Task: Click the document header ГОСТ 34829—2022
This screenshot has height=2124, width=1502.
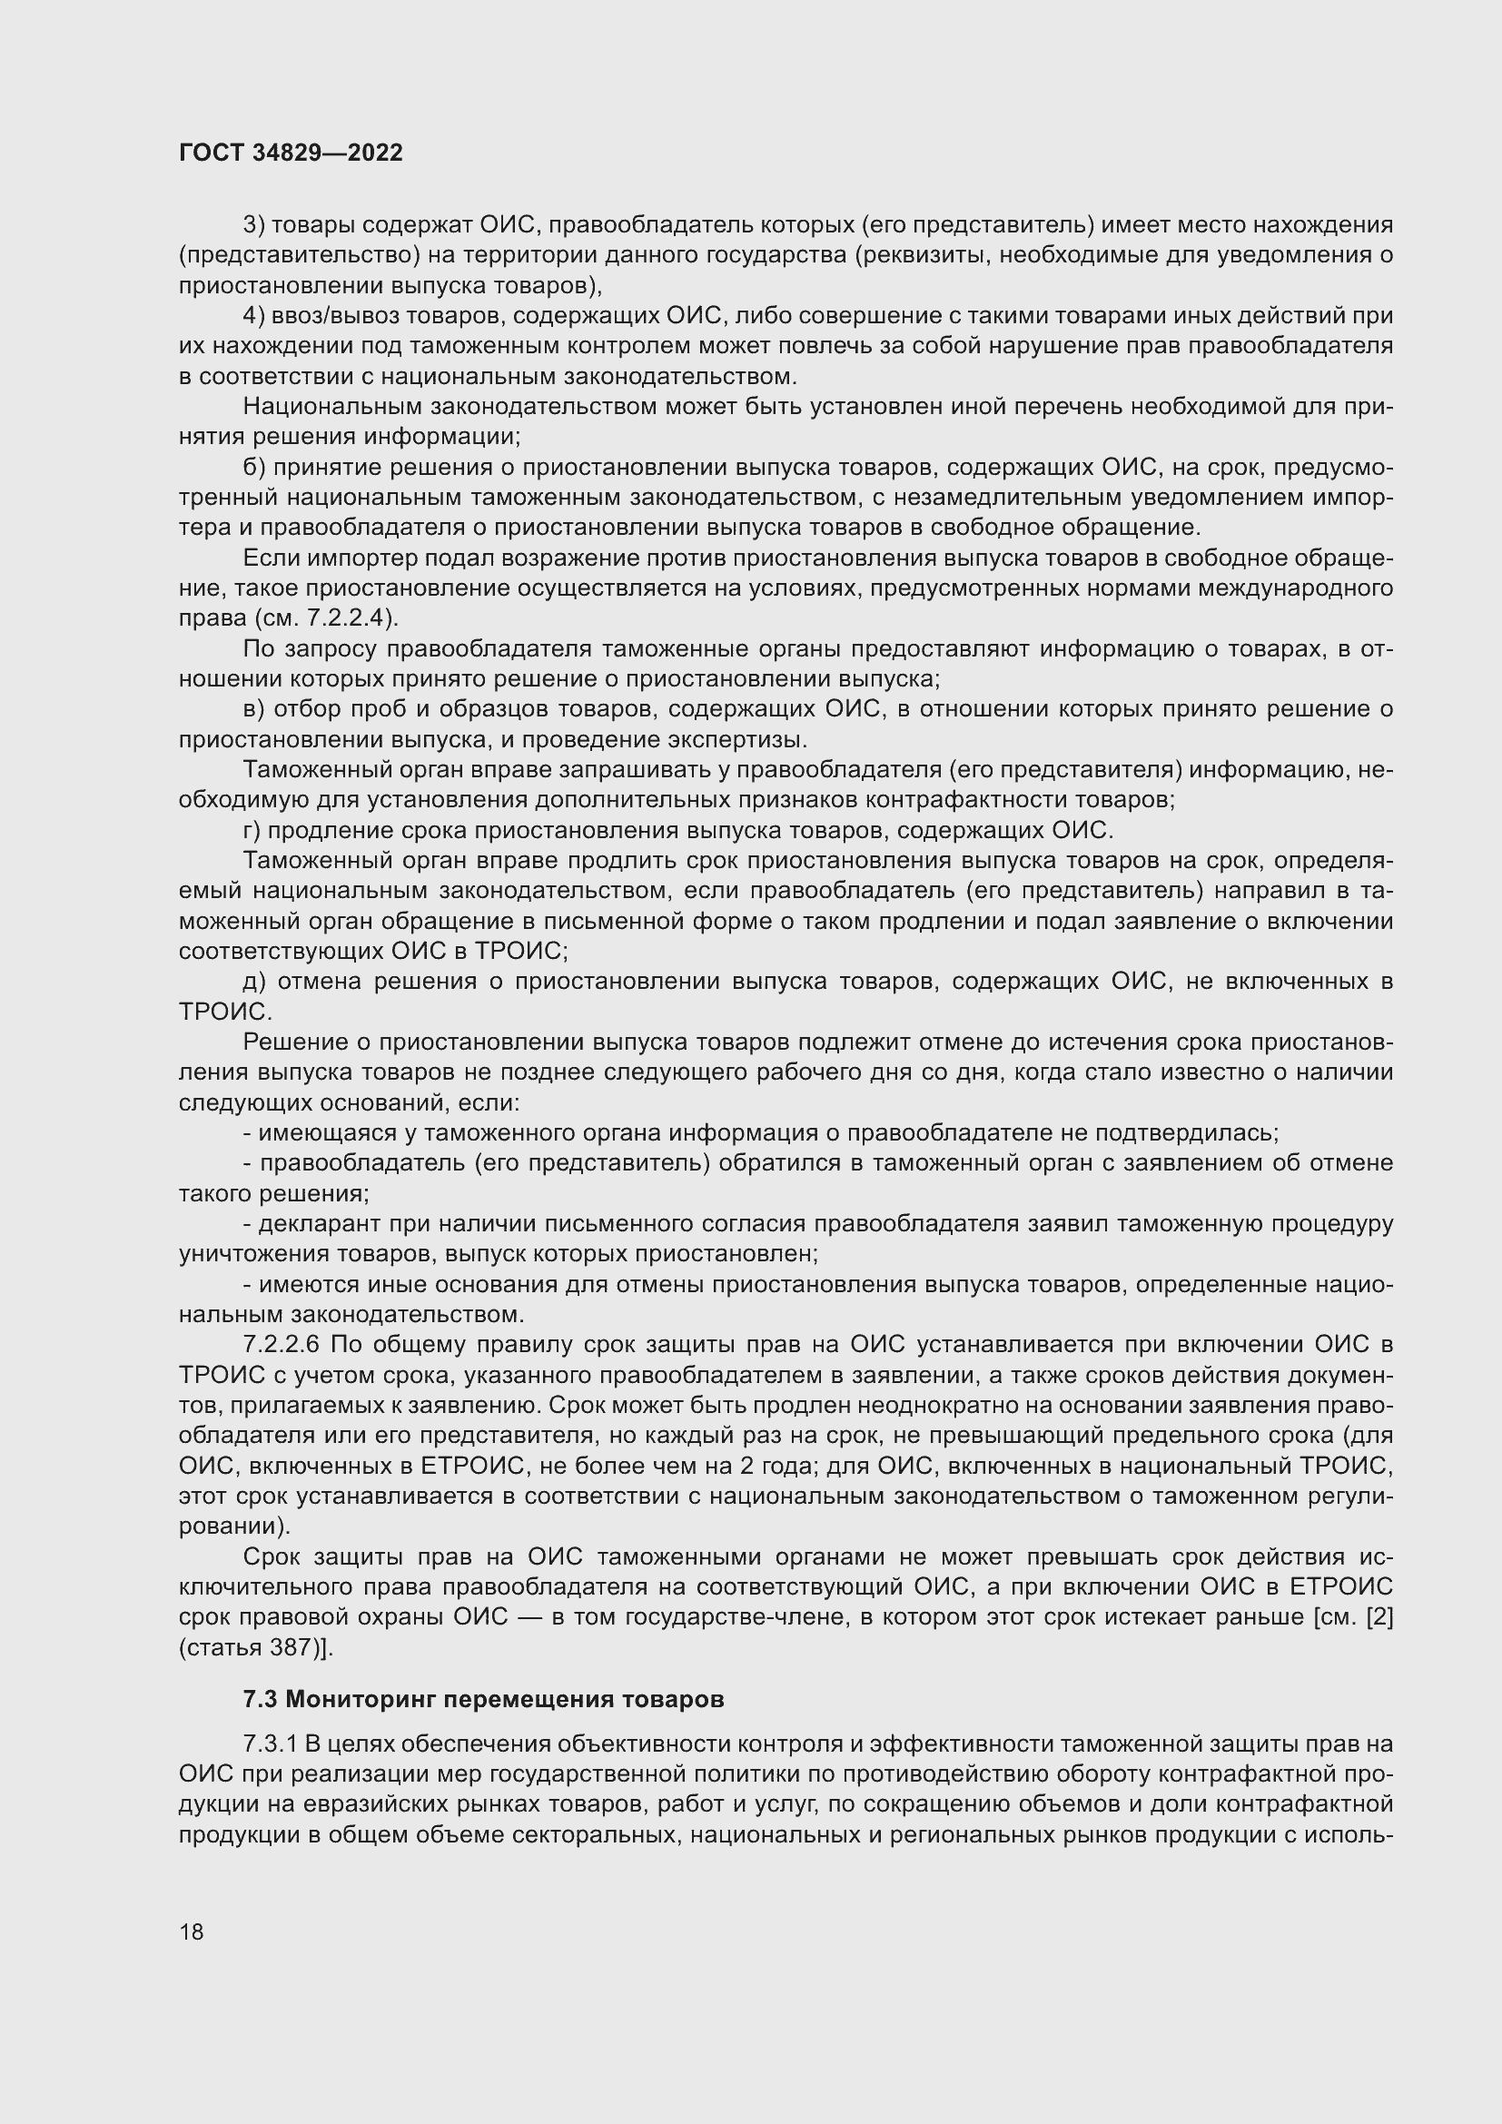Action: tap(291, 153)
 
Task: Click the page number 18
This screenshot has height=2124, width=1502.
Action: tap(192, 1931)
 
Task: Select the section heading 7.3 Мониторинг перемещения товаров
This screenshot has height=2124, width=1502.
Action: tap(483, 1698)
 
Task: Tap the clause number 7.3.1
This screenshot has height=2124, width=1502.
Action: tap(269, 1744)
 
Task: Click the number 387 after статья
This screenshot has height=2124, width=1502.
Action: tap(292, 1646)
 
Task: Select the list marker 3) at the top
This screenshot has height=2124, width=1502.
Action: tap(254, 225)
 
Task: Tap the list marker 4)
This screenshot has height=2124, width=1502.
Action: tap(254, 315)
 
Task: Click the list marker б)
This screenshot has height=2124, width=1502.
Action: tap(254, 467)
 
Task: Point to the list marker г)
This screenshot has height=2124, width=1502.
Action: tap(252, 830)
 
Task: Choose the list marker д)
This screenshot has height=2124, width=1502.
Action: tap(254, 981)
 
